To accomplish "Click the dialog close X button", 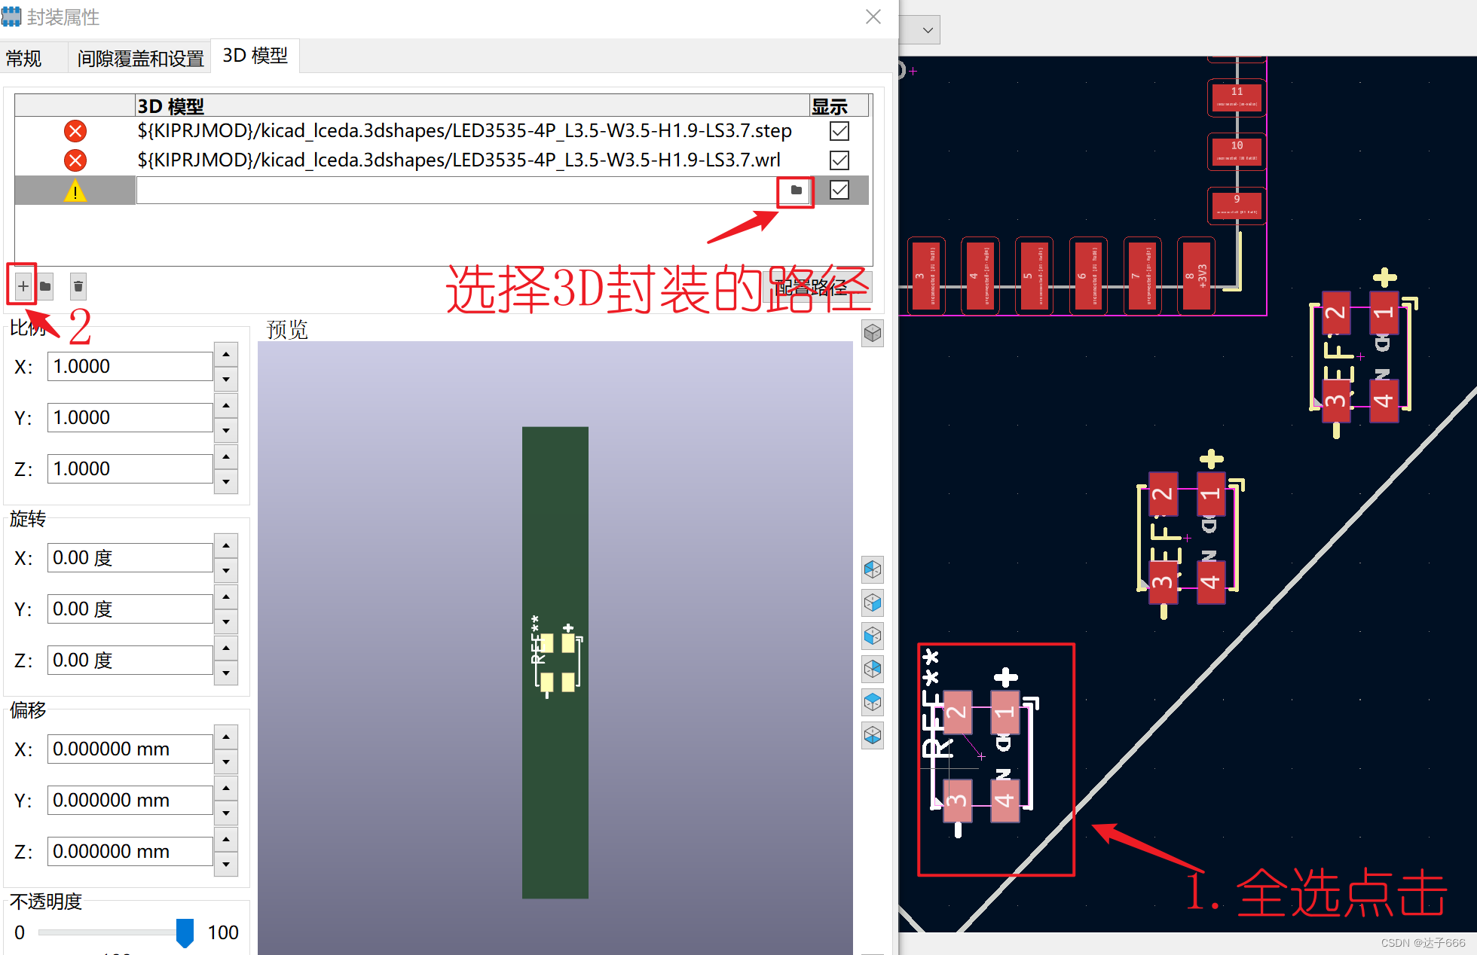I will [x=873, y=17].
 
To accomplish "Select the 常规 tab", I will [x=24, y=58].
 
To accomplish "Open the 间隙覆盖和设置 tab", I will [x=140, y=58].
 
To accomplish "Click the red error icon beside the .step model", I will [x=75, y=131].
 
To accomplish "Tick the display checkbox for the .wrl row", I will [x=839, y=160].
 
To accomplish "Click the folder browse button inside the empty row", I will [x=796, y=191].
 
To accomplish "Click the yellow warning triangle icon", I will [x=75, y=191].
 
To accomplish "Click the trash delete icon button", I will [x=78, y=286].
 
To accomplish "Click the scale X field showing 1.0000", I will [x=130, y=367].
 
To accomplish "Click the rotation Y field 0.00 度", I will [x=130, y=609].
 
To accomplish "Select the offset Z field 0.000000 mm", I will [x=130, y=852].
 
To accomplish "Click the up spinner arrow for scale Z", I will [x=226, y=456].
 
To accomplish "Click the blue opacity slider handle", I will [x=185, y=932].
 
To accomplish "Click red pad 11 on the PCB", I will [x=1237, y=97].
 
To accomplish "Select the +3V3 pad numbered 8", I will [x=1195, y=276].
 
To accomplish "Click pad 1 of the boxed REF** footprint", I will [x=1005, y=712].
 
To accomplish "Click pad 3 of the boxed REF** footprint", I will [x=957, y=800].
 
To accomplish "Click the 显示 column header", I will [x=830, y=106].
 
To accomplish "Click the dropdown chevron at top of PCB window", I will [x=928, y=30].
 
